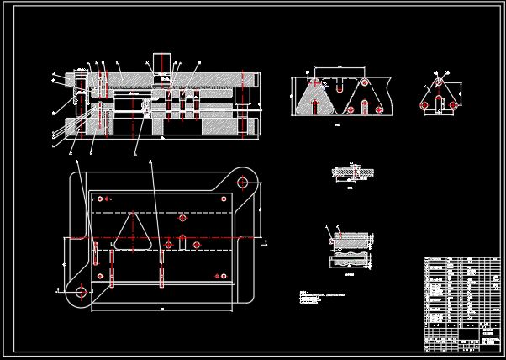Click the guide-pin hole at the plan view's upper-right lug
tap(242, 182)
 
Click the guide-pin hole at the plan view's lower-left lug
tap(82, 292)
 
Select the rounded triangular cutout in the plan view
tap(133, 232)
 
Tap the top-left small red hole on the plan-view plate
tap(100, 199)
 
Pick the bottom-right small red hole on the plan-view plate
tap(224, 275)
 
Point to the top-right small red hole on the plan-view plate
tap(224, 199)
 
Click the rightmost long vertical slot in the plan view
tap(161, 265)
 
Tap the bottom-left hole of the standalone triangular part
tap(425, 105)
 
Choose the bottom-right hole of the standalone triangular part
tap(452, 105)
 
